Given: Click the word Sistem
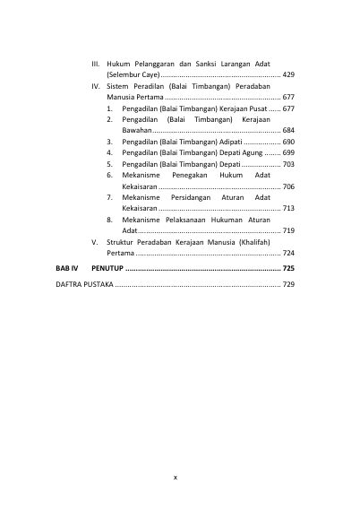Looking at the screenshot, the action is [118, 85].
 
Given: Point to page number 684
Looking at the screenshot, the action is [287, 130].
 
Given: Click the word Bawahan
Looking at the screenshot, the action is [137, 130].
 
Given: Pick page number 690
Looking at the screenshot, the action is [287, 142].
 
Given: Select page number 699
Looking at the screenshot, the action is [287, 153].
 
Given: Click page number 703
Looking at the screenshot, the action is [287, 164].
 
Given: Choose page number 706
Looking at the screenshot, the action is [287, 186].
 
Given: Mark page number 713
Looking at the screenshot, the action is [287, 209].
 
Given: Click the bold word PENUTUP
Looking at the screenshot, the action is [108, 268].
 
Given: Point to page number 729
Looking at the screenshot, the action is [287, 284].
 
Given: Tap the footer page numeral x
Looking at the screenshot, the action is [176, 477].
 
